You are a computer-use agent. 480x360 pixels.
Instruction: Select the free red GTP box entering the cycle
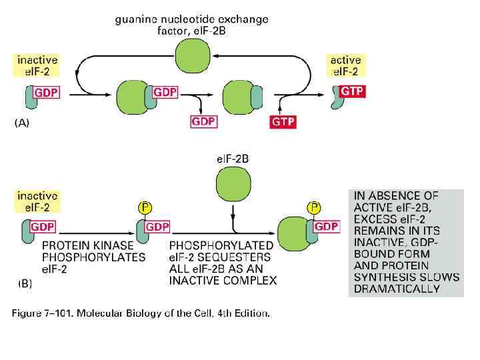coord(283,121)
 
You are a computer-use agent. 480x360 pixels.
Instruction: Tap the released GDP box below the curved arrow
coord(205,121)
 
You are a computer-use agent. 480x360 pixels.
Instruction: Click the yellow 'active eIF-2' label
coord(345,65)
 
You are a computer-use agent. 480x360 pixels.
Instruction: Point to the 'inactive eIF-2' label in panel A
coord(37,65)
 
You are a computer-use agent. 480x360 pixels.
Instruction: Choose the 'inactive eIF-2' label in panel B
coord(37,202)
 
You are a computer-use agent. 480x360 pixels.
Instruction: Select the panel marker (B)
coord(25,283)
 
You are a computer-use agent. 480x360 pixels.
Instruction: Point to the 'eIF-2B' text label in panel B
coord(233,159)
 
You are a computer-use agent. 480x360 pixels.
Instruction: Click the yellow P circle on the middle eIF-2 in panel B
coord(143,208)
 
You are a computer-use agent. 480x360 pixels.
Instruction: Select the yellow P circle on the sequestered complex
coord(313,208)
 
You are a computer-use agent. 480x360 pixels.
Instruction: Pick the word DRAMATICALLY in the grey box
coord(397,289)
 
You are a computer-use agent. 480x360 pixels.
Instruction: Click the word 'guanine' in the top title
coord(136,19)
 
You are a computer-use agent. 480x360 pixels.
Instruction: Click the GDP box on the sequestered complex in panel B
coord(326,227)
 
